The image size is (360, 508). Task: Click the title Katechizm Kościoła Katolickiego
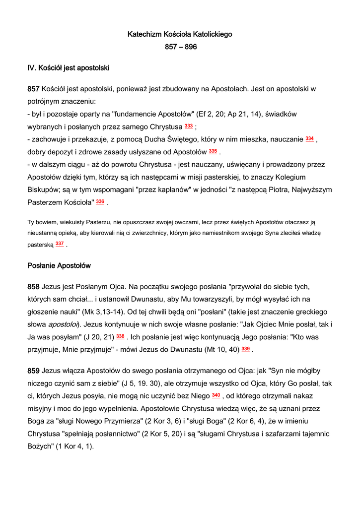[x=180, y=35]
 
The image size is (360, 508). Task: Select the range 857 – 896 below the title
[x=181, y=47]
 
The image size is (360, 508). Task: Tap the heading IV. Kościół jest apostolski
[x=68, y=67]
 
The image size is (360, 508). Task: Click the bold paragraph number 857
[x=33, y=89]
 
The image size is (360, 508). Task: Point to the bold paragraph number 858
[x=33, y=287]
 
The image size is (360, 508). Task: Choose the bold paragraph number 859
[x=33, y=371]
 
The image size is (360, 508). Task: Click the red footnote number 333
[x=189, y=126]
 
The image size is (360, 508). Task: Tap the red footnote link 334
[x=309, y=139]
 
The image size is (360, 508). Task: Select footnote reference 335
[x=213, y=151]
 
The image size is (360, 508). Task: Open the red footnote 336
[x=100, y=201]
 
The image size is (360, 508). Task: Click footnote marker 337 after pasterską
[x=60, y=244]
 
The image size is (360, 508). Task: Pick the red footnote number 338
[x=120, y=336]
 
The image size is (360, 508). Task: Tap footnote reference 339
[x=245, y=349]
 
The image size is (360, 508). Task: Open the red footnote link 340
[x=216, y=395]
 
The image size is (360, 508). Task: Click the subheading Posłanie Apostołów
[x=59, y=266]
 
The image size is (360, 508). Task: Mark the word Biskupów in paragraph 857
[x=44, y=190]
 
